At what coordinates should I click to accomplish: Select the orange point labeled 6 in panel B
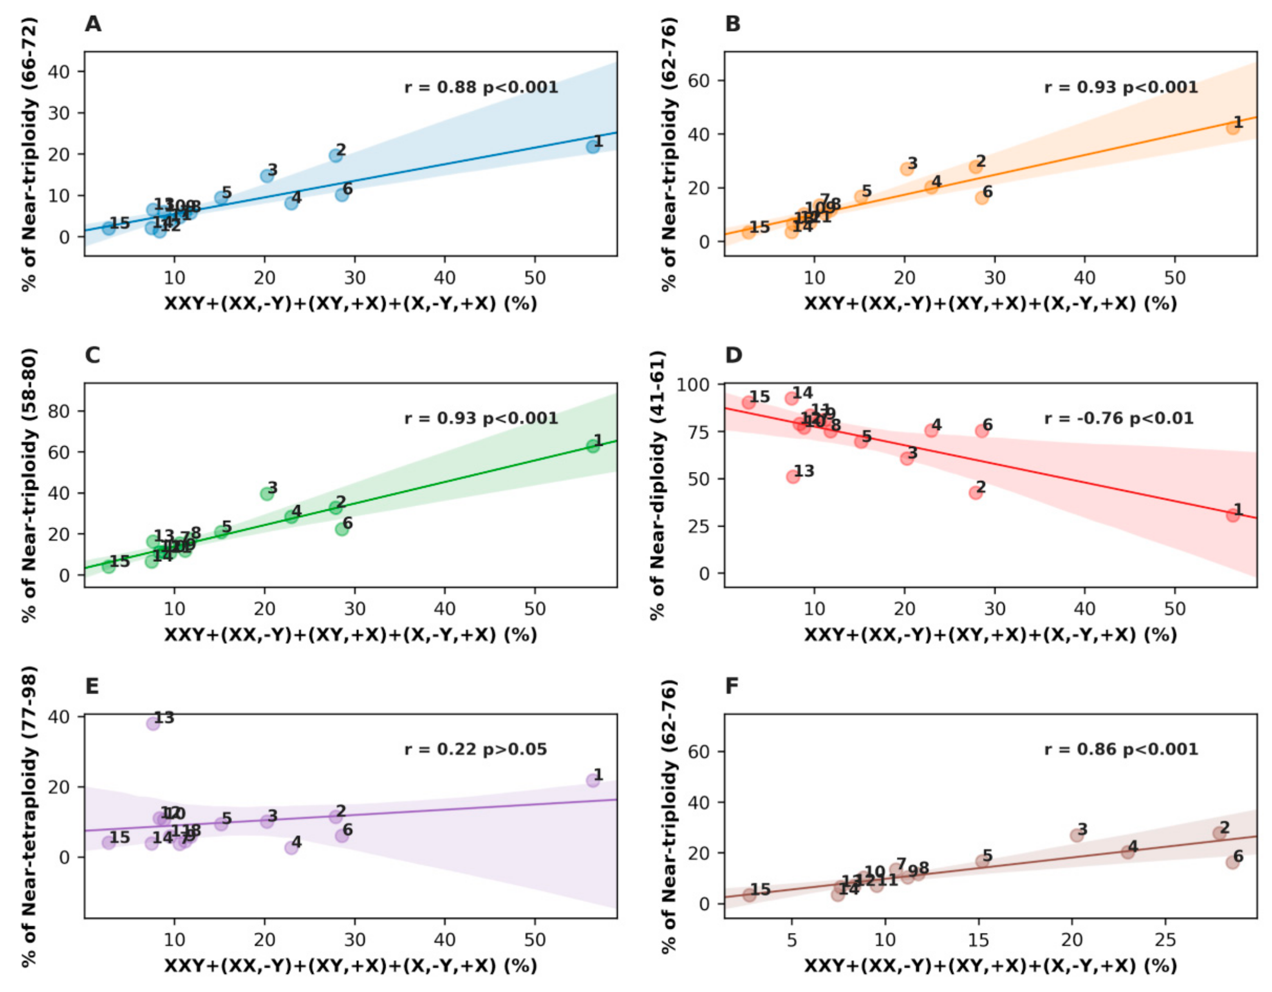click(x=982, y=197)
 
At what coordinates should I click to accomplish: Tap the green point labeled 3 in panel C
click(x=267, y=494)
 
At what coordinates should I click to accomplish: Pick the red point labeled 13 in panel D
click(x=793, y=476)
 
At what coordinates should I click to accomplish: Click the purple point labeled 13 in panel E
click(x=152, y=724)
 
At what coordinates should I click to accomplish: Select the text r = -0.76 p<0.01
click(x=1118, y=418)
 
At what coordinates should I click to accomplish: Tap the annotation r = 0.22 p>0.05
click(x=475, y=749)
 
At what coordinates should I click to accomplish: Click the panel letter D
click(x=733, y=355)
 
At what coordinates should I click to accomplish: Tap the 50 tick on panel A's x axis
click(x=534, y=278)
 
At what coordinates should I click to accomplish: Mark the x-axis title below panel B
click(x=990, y=303)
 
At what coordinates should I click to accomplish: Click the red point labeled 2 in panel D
click(x=976, y=492)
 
